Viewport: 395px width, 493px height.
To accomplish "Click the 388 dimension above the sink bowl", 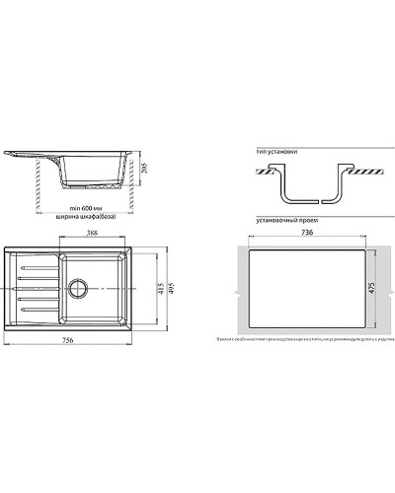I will pyautogui.click(x=91, y=234).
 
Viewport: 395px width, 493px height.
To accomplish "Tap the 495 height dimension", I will pyautogui.click(x=170, y=288).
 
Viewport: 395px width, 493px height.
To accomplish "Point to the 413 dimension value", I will pyautogui.click(x=160, y=288).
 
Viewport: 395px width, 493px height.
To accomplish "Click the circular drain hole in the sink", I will pyautogui.click(x=78, y=290).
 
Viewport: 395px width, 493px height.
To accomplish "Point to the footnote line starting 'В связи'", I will pyautogui.click(x=306, y=338).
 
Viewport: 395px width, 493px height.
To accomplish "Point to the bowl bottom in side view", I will pyautogui.click(x=91, y=185).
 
